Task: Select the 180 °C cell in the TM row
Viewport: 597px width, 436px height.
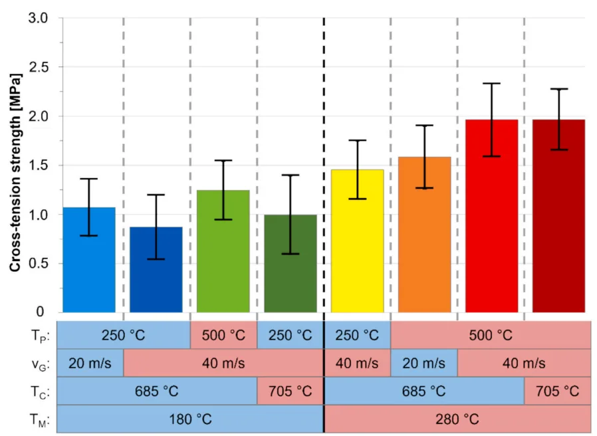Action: (190, 419)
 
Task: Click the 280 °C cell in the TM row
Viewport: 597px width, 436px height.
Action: (457, 419)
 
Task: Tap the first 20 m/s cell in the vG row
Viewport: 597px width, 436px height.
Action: (90, 363)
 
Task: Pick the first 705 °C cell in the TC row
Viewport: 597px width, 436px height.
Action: (290, 391)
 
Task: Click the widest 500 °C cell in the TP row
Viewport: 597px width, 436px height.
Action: (491, 334)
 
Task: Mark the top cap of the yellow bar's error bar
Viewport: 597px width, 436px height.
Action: (357, 140)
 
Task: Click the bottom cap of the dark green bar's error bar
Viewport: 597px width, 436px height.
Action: (290, 254)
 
